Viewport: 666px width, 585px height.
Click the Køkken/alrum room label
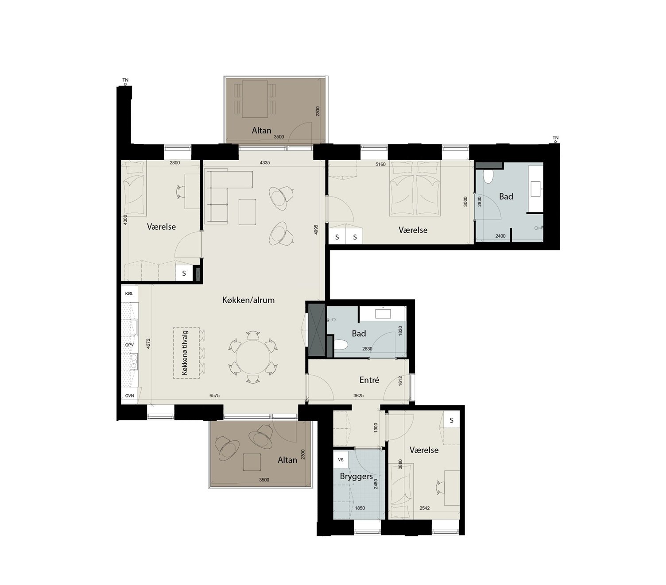[x=248, y=300]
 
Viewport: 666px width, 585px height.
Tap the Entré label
[x=369, y=380]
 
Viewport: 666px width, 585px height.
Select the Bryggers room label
[x=356, y=477]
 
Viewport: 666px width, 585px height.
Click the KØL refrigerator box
[x=129, y=293]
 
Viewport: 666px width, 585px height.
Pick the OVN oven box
[x=129, y=396]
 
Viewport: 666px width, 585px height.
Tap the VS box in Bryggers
[x=341, y=459]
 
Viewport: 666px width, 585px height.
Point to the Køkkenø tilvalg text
[x=185, y=353]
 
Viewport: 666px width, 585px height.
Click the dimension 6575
[x=214, y=396]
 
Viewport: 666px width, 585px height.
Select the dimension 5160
[x=380, y=164]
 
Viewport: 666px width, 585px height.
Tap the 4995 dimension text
[x=316, y=230]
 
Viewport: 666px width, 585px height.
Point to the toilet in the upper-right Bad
[x=488, y=177]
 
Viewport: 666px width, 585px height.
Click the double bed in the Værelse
[x=414, y=190]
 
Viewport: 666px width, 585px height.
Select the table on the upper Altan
[x=255, y=99]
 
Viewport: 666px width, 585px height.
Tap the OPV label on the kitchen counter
[x=129, y=345]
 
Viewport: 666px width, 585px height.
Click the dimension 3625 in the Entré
[x=358, y=396]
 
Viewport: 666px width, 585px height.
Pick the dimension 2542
[x=424, y=508]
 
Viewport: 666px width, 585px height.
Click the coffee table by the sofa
[x=247, y=212]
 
